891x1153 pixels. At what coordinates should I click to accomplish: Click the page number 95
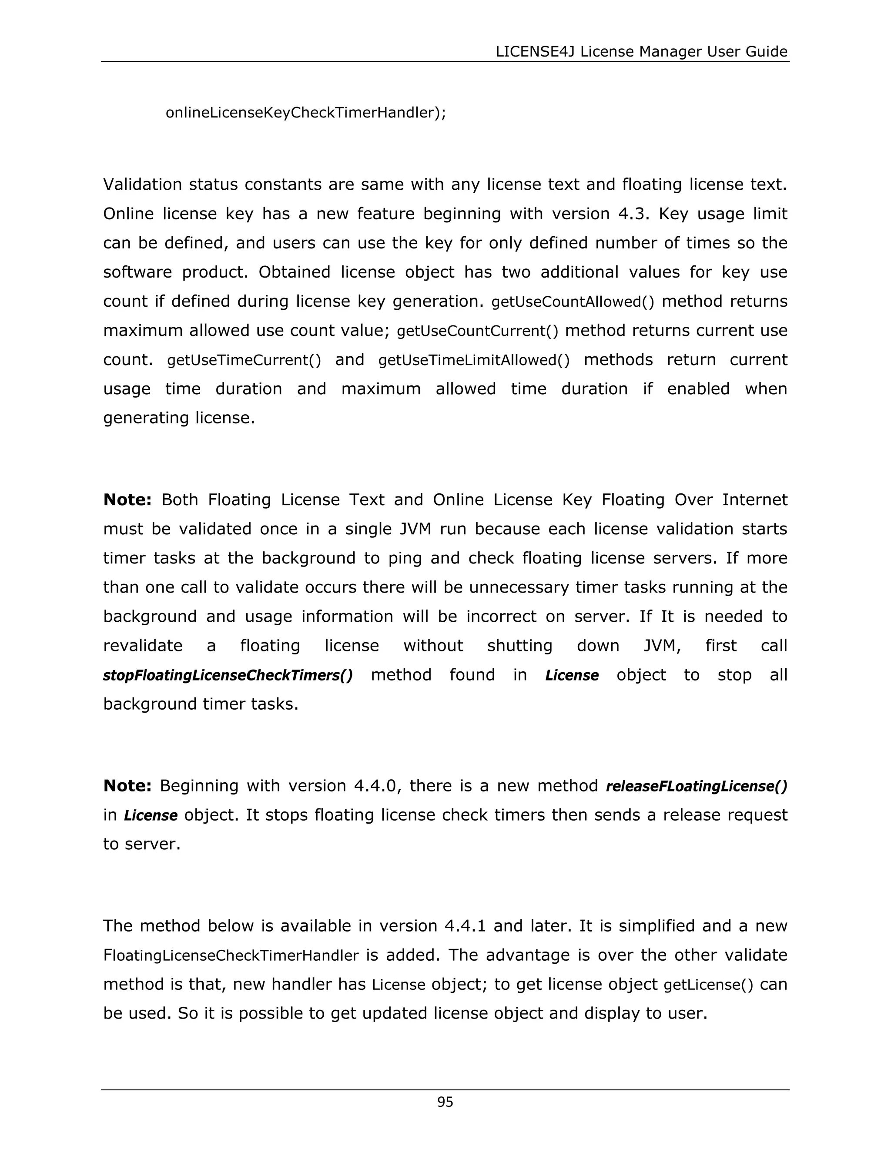[x=445, y=1102]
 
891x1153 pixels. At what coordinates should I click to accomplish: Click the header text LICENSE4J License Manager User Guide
[x=641, y=51]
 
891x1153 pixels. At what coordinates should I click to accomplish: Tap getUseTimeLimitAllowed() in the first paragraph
[x=474, y=360]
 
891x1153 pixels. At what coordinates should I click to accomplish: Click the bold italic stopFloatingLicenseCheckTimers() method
[x=228, y=675]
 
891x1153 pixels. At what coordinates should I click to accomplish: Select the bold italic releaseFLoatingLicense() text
[x=696, y=786]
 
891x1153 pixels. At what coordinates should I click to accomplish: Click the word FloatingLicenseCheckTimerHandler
[x=231, y=955]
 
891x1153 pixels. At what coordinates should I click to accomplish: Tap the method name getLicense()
[x=708, y=985]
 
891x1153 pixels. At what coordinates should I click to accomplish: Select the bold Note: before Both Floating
[x=127, y=499]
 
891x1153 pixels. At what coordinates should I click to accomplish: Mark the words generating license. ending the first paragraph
[x=179, y=418]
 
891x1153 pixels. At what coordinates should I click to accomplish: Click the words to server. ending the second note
[x=141, y=844]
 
